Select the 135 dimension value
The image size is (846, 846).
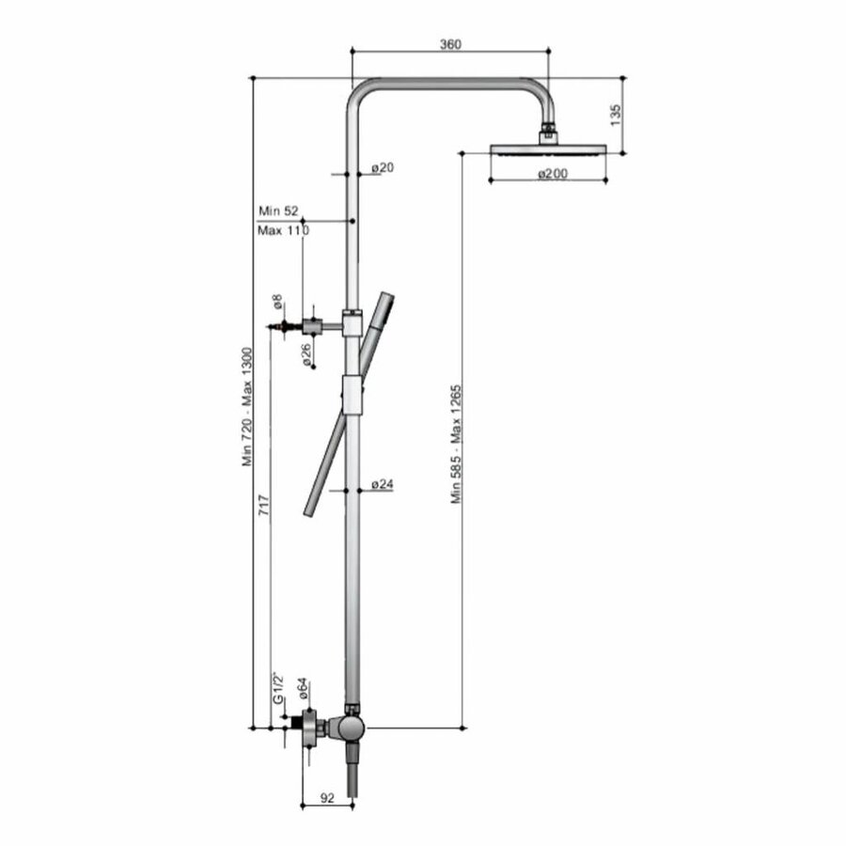[616, 114]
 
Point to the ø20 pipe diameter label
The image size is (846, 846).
[383, 167]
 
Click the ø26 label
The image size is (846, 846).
[305, 355]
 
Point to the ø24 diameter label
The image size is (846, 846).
[383, 484]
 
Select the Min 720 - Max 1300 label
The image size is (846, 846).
[248, 404]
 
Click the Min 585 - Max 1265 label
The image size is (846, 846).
[456, 443]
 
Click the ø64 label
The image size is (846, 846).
[304, 690]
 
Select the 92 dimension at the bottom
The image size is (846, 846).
[327, 798]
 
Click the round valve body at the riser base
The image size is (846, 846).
[351, 728]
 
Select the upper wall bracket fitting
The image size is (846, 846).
[324, 326]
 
